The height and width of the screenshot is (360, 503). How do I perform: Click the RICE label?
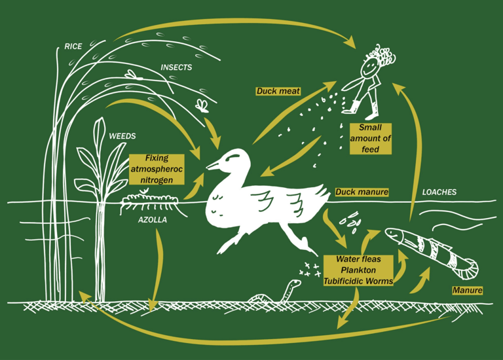tap(73, 46)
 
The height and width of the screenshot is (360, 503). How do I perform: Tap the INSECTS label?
tap(176, 67)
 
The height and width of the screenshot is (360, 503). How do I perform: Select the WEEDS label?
tap(122, 136)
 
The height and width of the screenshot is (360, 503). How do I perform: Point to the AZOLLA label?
tap(152, 220)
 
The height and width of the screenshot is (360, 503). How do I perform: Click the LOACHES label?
tap(439, 192)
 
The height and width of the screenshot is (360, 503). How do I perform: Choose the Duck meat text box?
tap(278, 91)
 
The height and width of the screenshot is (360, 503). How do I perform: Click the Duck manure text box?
tap(362, 192)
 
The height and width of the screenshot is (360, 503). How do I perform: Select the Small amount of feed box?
tap(370, 138)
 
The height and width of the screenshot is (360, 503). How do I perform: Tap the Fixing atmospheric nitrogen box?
tap(157, 170)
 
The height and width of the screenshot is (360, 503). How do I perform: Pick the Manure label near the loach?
tap(468, 290)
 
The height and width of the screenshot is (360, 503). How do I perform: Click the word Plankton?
tap(358, 270)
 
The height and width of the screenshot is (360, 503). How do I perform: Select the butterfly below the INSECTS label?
tap(202, 104)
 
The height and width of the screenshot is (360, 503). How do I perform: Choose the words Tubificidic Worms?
tap(358, 281)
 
